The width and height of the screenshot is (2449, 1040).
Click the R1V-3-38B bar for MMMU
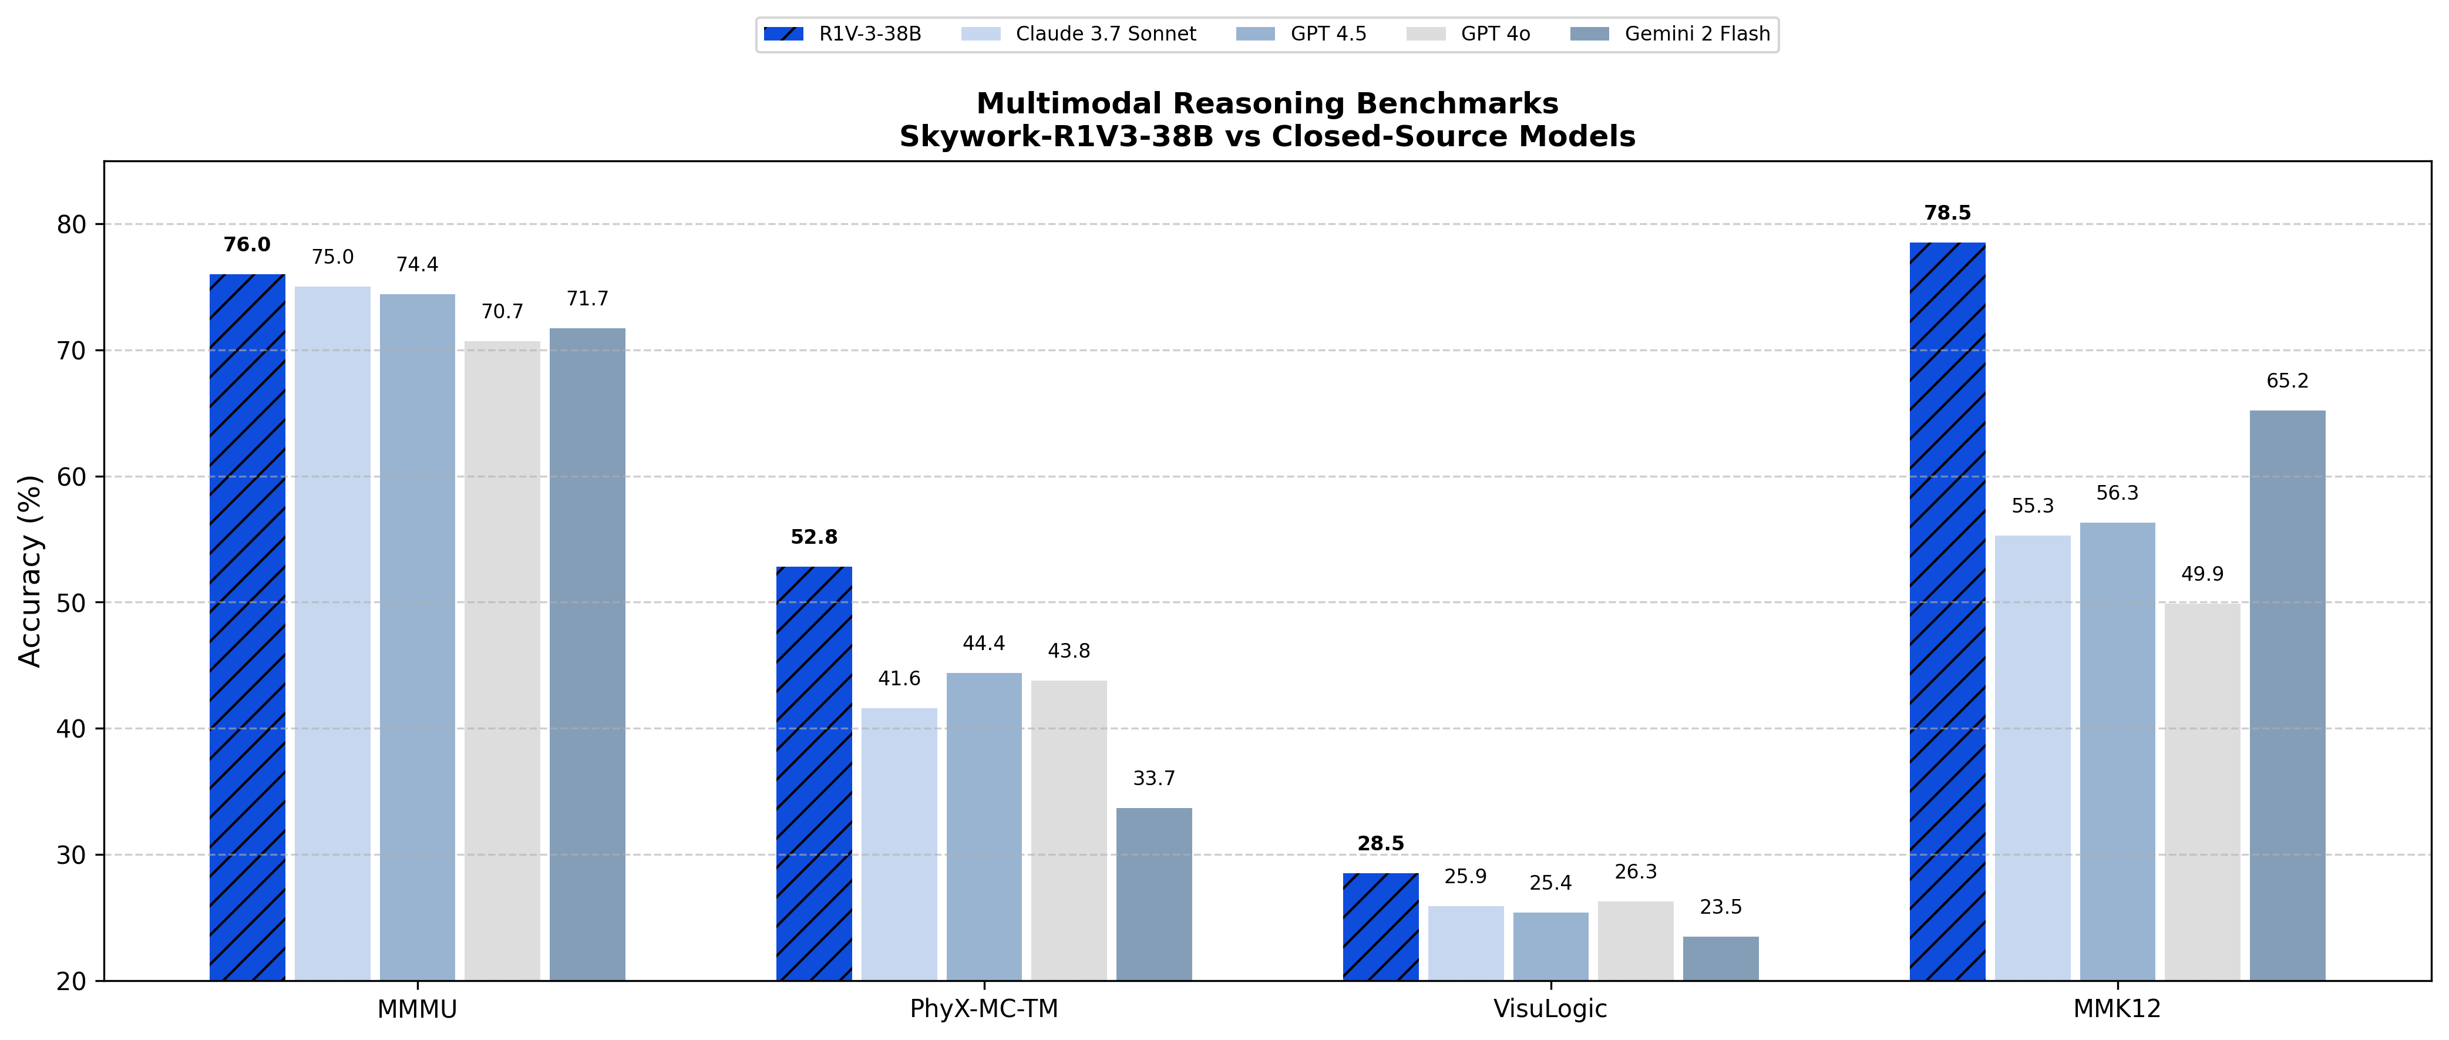coord(247,627)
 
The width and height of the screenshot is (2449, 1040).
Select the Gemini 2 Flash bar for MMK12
coord(2287,695)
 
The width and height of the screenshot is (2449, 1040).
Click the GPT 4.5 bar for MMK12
coord(2117,751)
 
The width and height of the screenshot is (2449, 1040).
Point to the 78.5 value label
coord(1947,213)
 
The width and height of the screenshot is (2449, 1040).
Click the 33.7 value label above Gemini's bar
coord(1153,779)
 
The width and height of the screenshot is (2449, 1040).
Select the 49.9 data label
coord(2202,574)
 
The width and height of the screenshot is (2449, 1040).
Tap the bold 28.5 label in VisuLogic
coord(1380,843)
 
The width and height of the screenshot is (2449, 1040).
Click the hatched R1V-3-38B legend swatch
coord(783,34)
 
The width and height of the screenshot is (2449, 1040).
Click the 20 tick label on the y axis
coord(71,981)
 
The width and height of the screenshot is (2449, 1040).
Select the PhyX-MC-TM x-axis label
coord(983,1009)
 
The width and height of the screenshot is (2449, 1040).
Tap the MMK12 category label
coord(2117,1009)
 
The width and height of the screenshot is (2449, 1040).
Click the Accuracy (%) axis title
coord(31,570)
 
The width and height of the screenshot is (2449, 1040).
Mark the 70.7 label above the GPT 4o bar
coord(502,312)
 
